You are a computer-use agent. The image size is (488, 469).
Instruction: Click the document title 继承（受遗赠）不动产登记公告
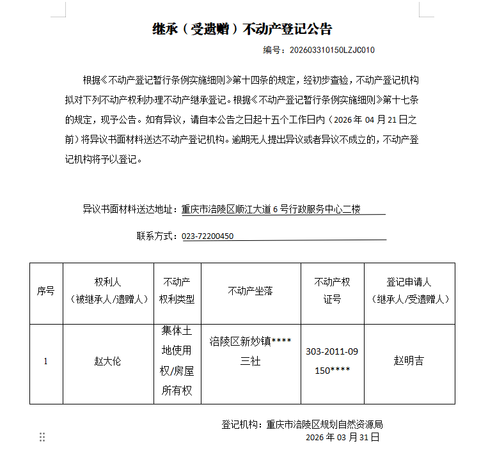(242, 29)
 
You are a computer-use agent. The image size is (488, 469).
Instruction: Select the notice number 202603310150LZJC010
(332, 50)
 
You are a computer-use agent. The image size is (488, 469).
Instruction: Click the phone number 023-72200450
(208, 236)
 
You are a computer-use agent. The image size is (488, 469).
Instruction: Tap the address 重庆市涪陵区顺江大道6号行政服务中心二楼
(271, 209)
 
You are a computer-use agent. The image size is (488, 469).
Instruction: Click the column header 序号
(46, 291)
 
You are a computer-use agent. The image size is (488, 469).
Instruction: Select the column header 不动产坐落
(250, 291)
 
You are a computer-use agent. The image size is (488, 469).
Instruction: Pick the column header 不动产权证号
(332, 291)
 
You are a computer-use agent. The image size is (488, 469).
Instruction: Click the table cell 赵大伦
(107, 361)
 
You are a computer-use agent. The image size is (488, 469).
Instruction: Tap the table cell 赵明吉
(409, 361)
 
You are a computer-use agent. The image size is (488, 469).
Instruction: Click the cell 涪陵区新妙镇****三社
(250, 351)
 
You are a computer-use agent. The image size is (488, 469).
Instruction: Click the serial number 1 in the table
(45, 361)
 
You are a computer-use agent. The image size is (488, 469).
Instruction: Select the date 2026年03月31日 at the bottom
(343, 438)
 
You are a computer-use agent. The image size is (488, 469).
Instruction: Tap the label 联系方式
(156, 236)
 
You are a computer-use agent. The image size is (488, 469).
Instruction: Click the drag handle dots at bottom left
(42, 437)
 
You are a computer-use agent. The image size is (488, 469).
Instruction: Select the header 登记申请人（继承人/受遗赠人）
(409, 291)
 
